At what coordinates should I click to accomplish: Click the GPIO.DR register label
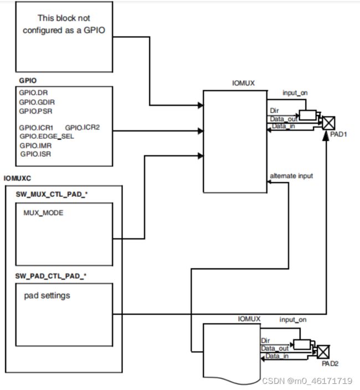[x=33, y=93]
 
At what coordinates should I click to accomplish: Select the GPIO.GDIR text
[x=37, y=102]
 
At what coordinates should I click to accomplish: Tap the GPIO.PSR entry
[x=35, y=111]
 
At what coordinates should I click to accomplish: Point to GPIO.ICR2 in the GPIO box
[x=83, y=128]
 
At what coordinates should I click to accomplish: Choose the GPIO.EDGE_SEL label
[x=47, y=137]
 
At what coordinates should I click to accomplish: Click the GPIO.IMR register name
[x=35, y=145]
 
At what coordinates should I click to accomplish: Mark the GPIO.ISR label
[x=35, y=154]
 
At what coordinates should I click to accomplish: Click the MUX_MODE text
[x=43, y=213]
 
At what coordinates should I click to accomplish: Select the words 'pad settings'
[x=47, y=296]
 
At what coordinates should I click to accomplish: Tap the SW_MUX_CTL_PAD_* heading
[x=52, y=194]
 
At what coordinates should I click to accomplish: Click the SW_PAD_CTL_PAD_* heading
[x=51, y=276]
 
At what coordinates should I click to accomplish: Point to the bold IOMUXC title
[x=17, y=178]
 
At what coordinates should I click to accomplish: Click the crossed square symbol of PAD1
[x=328, y=123]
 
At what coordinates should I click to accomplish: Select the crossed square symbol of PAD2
[x=323, y=352]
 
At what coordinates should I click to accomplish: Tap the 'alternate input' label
[x=291, y=176]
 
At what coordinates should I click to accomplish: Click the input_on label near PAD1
[x=295, y=93]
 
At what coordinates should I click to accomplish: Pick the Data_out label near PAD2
[x=275, y=349]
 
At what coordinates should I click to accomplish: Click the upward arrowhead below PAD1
[x=326, y=136]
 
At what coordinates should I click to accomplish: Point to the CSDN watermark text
[x=307, y=381]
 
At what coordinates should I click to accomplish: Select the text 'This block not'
[x=64, y=18]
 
